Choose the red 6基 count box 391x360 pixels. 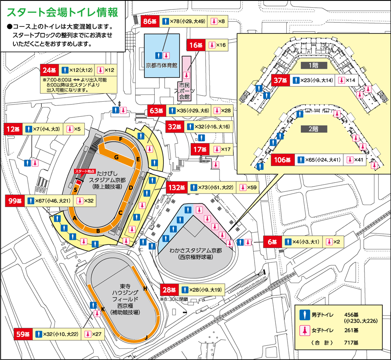(x=272, y=242)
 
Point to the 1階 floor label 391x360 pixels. (x=313, y=65)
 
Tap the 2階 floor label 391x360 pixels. (x=313, y=129)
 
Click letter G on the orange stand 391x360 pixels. (x=116, y=157)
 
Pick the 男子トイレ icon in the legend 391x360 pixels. (x=303, y=315)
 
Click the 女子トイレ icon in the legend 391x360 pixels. (x=303, y=330)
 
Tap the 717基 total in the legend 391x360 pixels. (x=351, y=343)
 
